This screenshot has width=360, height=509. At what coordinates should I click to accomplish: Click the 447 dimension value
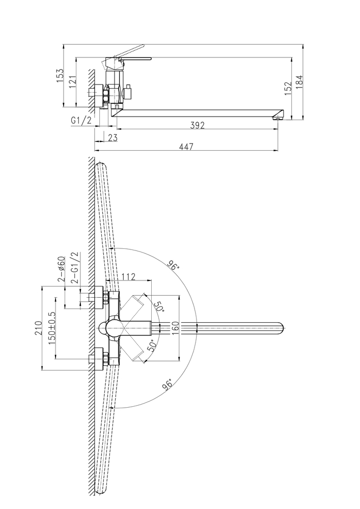[186, 146]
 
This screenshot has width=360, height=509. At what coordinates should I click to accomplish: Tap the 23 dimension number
[113, 137]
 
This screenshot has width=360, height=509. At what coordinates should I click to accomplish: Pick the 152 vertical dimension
[288, 88]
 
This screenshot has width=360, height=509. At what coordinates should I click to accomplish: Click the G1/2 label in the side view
[82, 120]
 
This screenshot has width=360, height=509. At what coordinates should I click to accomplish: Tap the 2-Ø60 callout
[61, 270]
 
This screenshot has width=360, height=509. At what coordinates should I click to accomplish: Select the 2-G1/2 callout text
[74, 268]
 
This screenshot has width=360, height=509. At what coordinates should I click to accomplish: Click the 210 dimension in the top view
[37, 328]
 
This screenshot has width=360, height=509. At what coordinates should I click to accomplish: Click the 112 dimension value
[129, 276]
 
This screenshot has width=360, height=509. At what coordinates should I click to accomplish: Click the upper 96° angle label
[174, 266]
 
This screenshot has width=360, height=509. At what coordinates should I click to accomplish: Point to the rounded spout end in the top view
[282, 328]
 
